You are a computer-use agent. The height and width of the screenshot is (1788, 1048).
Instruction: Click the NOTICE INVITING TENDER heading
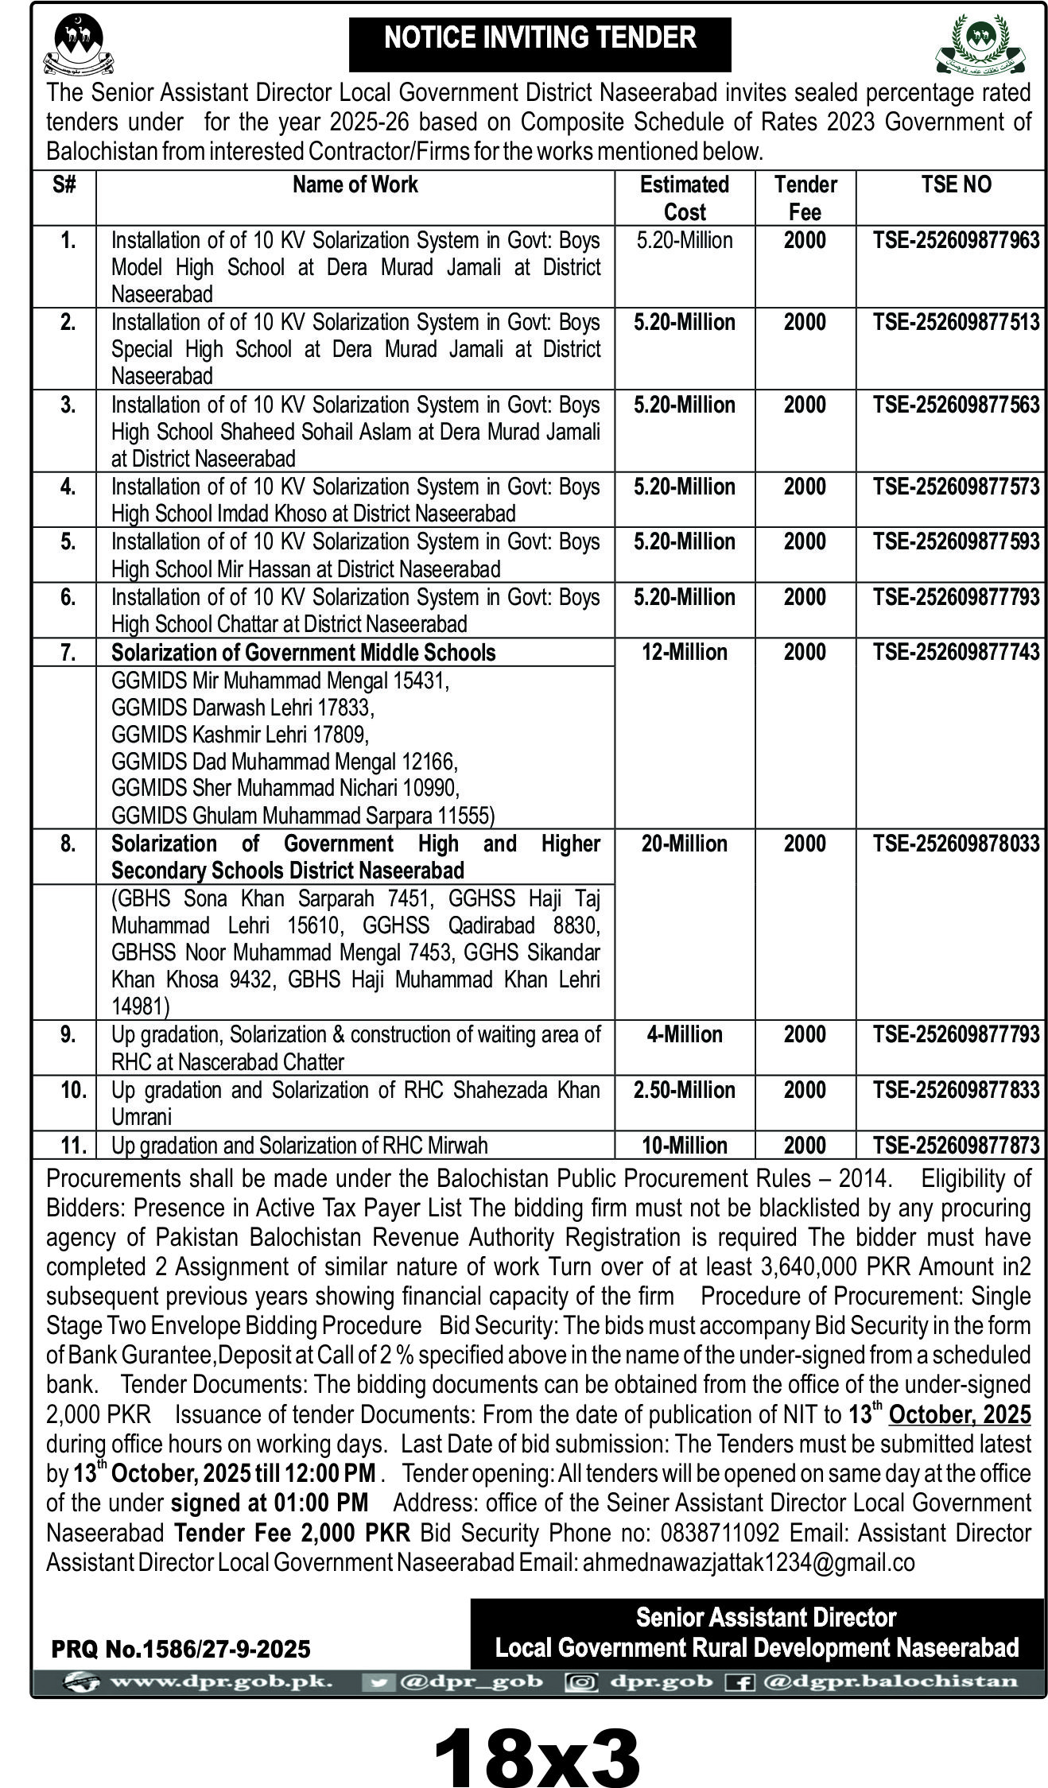540,38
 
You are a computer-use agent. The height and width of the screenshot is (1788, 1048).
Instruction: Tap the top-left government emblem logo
79,44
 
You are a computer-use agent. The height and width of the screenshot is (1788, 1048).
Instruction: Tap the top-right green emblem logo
980,44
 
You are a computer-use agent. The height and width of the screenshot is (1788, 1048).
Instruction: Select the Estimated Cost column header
684,198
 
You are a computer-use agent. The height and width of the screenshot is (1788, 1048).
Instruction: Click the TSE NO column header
956,184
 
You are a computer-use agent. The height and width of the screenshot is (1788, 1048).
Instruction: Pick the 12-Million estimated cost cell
684,653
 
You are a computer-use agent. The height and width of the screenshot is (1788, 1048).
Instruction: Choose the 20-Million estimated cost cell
684,844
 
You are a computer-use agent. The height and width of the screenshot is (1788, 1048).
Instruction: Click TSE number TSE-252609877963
956,240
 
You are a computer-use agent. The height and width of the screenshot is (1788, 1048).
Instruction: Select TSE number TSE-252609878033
956,844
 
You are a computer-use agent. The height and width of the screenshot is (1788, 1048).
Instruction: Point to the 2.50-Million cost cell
684,1090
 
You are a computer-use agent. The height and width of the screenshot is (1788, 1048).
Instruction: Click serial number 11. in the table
73,1146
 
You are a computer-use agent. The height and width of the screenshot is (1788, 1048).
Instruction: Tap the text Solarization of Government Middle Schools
303,653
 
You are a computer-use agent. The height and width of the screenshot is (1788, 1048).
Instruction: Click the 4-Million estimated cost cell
684,1034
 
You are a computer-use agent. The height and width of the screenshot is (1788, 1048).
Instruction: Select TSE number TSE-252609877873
956,1146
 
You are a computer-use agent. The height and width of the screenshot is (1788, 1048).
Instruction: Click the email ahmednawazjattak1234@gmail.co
748,1562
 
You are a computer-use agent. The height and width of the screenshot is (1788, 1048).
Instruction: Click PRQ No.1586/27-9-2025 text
180,1650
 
